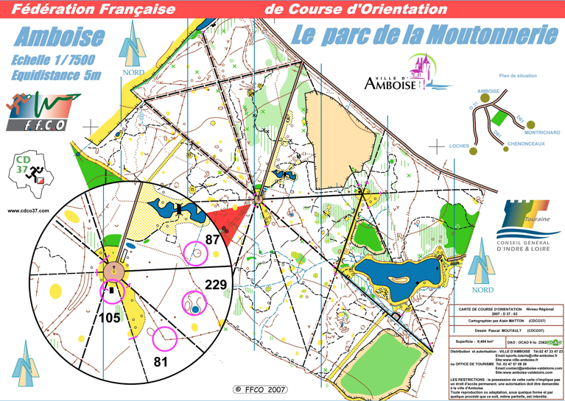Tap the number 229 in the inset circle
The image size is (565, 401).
[215, 285]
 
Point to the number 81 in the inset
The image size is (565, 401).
[161, 361]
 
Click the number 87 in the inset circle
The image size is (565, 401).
[213, 239]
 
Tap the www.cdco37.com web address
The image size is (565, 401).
[28, 211]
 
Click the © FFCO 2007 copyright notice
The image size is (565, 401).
[260, 389]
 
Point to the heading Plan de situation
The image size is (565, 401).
[518, 76]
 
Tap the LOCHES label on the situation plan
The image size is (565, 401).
[459, 146]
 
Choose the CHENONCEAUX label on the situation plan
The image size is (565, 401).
[526, 144]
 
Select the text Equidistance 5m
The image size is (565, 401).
[56, 75]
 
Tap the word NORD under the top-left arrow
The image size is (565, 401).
[133, 73]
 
